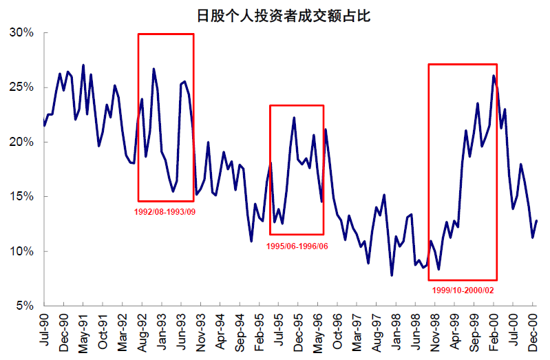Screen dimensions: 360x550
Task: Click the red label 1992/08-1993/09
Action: pyautogui.click(x=165, y=211)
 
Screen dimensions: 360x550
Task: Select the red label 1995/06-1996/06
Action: pyautogui.click(x=297, y=246)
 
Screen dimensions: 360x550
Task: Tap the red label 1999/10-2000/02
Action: pyautogui.click(x=463, y=290)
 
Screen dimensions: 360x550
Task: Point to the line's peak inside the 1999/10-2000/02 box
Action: pyautogui.click(x=494, y=76)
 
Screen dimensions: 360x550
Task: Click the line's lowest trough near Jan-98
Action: pyautogui.click(x=392, y=275)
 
